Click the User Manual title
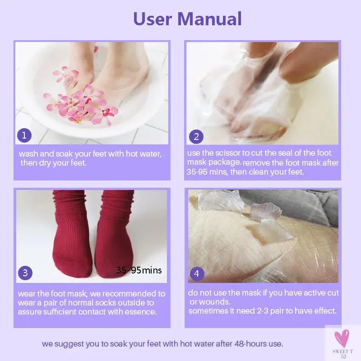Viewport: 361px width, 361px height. pos(187,19)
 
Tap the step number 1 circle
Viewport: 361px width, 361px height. pos(24,135)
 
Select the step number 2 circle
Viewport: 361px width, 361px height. pos(196,136)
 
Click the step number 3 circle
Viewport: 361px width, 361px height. pos(25,273)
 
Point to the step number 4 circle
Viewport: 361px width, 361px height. pos(196,273)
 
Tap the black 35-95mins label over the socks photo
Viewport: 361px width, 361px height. pos(139,270)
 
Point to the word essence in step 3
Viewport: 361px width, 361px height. pos(142,312)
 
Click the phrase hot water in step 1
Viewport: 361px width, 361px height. pos(143,154)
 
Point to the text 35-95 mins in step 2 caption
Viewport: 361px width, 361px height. pos(203,172)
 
